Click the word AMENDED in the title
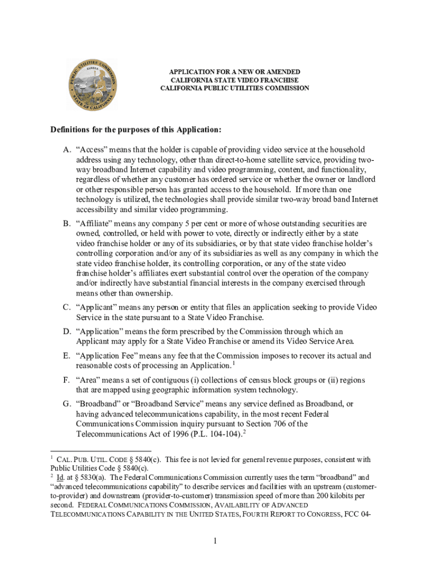pos(282,72)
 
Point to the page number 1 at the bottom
pos(214,542)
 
